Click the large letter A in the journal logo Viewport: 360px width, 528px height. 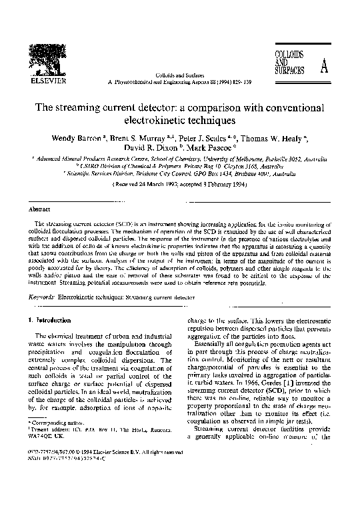[x=324, y=67]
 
